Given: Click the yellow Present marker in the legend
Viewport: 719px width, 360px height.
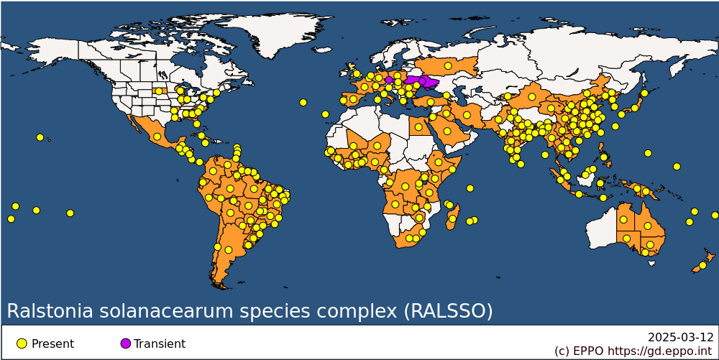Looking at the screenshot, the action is tap(22, 343).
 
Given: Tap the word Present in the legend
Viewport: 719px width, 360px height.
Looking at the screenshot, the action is tap(52, 344).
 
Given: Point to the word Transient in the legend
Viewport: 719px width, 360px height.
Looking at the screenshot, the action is tap(160, 344).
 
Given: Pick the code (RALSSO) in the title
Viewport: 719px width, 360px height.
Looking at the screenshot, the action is tap(448, 311).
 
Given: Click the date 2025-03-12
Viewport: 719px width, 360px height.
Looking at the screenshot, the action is tap(681, 338).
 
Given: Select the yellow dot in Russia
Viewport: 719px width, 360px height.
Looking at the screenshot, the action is tap(448, 66).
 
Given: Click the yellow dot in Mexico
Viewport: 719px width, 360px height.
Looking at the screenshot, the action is tap(157, 136).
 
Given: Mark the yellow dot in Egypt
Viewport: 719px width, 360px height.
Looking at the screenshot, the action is tap(418, 127).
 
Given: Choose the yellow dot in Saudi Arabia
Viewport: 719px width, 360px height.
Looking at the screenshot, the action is tap(446, 131).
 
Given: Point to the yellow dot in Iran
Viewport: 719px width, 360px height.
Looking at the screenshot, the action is tap(467, 115).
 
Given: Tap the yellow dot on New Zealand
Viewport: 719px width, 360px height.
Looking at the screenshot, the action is tap(702, 265).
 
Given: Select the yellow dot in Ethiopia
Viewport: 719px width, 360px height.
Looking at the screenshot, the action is tap(439, 162).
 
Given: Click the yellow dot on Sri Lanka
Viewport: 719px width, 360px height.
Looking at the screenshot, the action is tap(521, 164).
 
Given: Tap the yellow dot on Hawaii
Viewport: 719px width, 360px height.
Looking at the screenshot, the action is tap(40, 137).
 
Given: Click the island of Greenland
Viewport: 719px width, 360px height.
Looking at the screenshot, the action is tap(270, 34).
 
